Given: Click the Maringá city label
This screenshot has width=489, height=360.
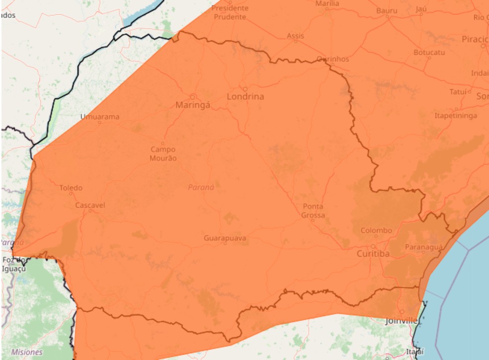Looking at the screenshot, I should click(x=193, y=105).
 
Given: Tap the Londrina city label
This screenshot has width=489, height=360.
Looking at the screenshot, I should click(x=245, y=96).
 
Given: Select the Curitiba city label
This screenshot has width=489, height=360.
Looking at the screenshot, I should click(x=373, y=254).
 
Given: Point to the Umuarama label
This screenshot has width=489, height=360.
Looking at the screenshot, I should click(x=100, y=117).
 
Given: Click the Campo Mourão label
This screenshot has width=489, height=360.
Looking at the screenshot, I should click(x=163, y=153).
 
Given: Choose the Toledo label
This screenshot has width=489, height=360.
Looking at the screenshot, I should click(x=71, y=188).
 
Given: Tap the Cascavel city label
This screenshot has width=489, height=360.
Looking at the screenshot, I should click(x=90, y=205).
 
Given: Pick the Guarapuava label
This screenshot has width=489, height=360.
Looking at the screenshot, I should click(x=225, y=238).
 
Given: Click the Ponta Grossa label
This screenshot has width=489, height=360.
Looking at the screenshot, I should click(x=313, y=211).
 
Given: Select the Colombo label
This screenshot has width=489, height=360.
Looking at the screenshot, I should click(x=376, y=230).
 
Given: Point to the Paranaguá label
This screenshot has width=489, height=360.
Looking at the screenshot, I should click(x=423, y=247).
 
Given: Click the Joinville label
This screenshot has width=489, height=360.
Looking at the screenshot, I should click(x=402, y=321).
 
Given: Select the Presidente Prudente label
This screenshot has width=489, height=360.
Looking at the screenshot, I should click(x=230, y=12).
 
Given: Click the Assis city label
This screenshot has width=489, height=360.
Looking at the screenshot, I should click(x=295, y=36).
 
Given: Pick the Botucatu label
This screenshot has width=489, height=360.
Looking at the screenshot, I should click(x=429, y=52).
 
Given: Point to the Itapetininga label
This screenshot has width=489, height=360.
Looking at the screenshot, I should click(x=456, y=116).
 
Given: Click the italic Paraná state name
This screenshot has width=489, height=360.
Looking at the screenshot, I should click(x=201, y=187).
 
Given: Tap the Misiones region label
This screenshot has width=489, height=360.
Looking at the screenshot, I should click(x=27, y=352).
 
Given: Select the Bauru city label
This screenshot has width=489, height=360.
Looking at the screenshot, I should click(x=387, y=10).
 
